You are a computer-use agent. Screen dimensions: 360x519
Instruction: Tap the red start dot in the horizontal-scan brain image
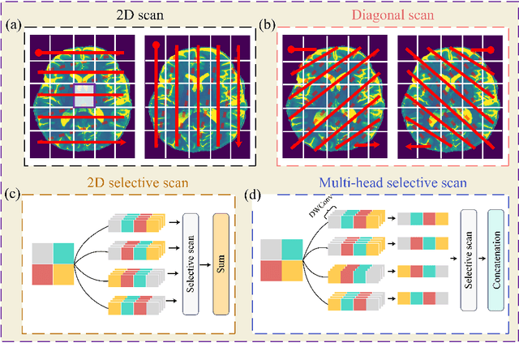click(x=38, y=54)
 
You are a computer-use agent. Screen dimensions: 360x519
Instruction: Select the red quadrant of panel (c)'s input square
click(x=42, y=273)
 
